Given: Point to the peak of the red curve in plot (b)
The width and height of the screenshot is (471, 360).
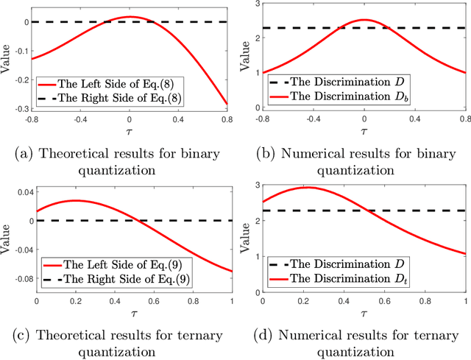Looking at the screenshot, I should [x=364, y=20].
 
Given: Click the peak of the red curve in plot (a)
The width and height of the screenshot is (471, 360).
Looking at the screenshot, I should [x=130, y=16].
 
